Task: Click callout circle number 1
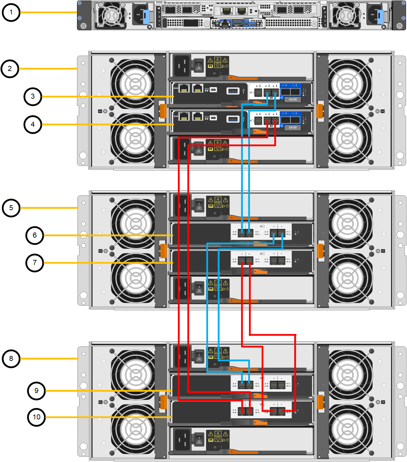[11, 13]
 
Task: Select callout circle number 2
[10, 69]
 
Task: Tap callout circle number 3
[33, 96]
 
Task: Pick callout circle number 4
[33, 124]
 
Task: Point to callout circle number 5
[11, 208]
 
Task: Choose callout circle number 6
[35, 235]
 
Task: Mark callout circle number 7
[35, 263]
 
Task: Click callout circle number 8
[11, 359]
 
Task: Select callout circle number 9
[36, 391]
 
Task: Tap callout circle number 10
[36, 417]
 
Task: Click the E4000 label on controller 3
[292, 99]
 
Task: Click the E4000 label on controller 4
[292, 127]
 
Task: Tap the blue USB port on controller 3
[233, 91]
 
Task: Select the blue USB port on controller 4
[233, 119]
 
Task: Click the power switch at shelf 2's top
[199, 66]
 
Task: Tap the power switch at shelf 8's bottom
[199, 439]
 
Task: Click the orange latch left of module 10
[163, 402]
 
